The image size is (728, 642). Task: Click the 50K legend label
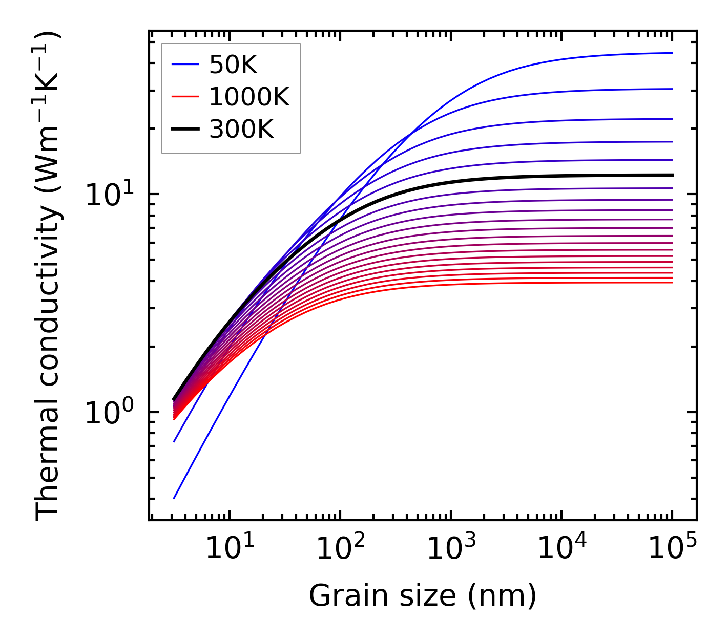pos(233,65)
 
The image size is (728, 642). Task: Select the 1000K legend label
pos(249,97)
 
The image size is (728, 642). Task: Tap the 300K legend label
pos(241,130)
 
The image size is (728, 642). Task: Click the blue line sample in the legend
pos(184,65)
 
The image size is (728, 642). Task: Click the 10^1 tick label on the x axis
pos(230,549)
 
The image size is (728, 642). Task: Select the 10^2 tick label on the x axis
pos(340,549)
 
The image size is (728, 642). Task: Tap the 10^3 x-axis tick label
pos(451,549)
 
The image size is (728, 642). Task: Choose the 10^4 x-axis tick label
pos(561,549)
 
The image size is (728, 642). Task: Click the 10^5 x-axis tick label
pos(672,549)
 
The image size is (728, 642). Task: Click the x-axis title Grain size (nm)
pos(423,596)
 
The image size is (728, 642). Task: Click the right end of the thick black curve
pos(672,175)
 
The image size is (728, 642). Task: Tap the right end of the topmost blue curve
pos(672,53)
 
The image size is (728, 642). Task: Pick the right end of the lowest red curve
pos(672,283)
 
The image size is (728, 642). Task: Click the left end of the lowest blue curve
pos(174,498)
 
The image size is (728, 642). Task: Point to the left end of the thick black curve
pos(174,399)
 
